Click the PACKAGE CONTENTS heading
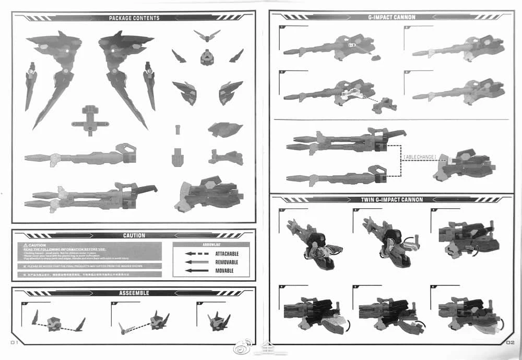coord(134,18)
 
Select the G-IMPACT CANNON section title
coord(391,17)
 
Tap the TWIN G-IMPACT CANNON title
coord(391,199)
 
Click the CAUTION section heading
coord(134,236)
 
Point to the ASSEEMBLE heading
coord(134,293)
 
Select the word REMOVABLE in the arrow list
coord(227,262)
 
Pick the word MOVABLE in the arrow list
coord(224,271)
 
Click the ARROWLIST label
coord(211,244)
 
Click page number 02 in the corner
coord(510,342)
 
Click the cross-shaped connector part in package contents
coord(90,118)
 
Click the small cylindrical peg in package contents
coord(177,129)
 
